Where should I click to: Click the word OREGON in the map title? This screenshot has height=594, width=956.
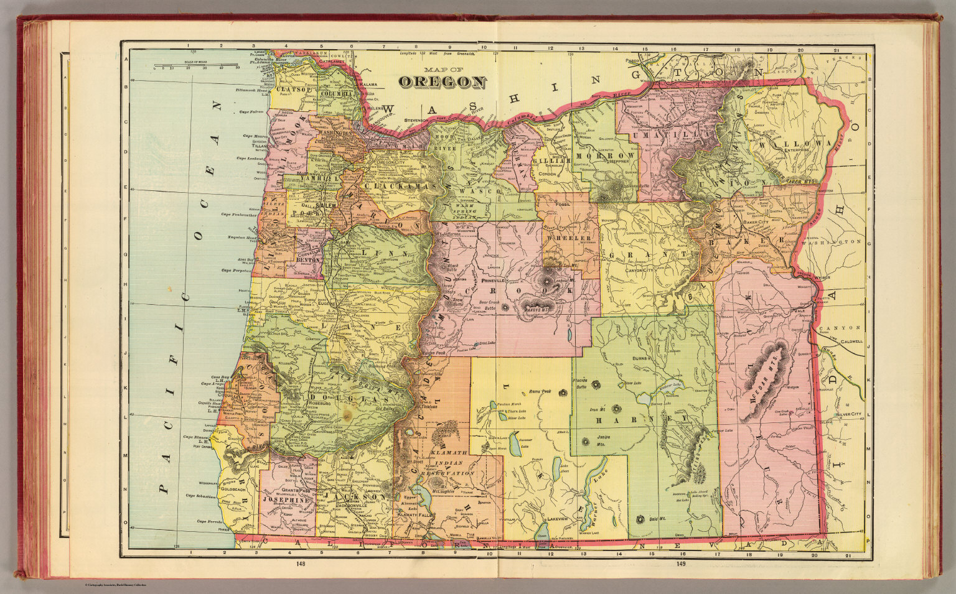(443, 81)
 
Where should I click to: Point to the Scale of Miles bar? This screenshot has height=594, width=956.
(205, 65)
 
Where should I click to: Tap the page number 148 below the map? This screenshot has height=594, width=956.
(301, 564)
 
